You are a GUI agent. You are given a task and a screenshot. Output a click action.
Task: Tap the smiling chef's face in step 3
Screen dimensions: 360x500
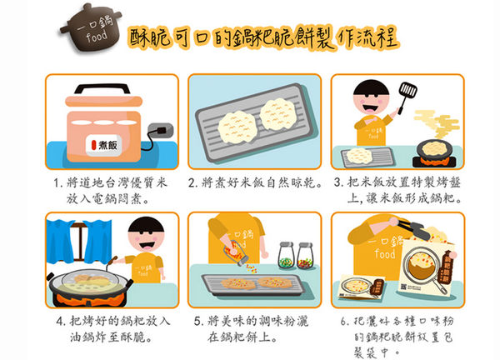pos(372,105)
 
